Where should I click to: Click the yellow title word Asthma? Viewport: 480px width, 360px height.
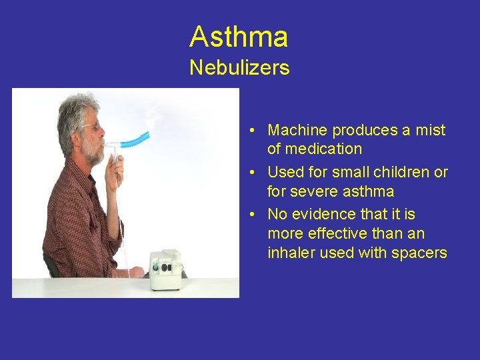click(238, 37)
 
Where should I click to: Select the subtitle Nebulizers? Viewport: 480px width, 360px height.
click(239, 67)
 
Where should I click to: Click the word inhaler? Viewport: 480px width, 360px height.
click(291, 253)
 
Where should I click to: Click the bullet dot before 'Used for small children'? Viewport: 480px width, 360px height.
click(255, 173)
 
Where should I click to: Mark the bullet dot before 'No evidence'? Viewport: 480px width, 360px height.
click(255, 215)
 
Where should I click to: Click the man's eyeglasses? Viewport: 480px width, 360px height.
click(90, 126)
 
